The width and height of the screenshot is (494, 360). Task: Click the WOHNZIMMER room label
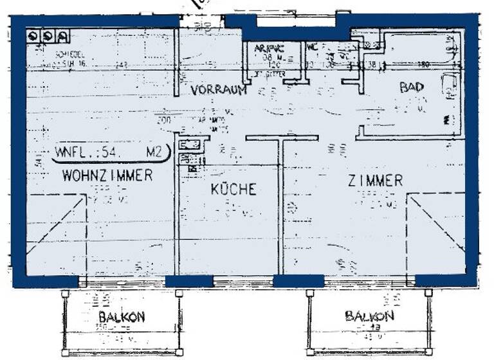[107, 175]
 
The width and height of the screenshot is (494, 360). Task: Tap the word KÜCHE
[234, 189]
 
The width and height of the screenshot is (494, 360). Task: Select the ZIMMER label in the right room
[376, 181]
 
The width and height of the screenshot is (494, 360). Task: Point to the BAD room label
[412, 87]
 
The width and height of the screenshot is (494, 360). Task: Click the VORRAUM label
[219, 91]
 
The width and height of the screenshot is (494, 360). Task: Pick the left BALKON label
[122, 317]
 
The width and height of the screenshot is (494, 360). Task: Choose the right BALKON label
[369, 316]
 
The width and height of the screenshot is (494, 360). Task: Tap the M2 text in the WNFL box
[154, 153]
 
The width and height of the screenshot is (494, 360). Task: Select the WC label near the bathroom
[311, 47]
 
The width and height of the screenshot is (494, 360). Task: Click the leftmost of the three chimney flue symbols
[32, 35]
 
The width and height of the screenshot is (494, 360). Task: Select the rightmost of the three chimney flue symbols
[62, 35]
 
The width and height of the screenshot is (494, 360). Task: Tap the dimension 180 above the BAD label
[425, 64]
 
